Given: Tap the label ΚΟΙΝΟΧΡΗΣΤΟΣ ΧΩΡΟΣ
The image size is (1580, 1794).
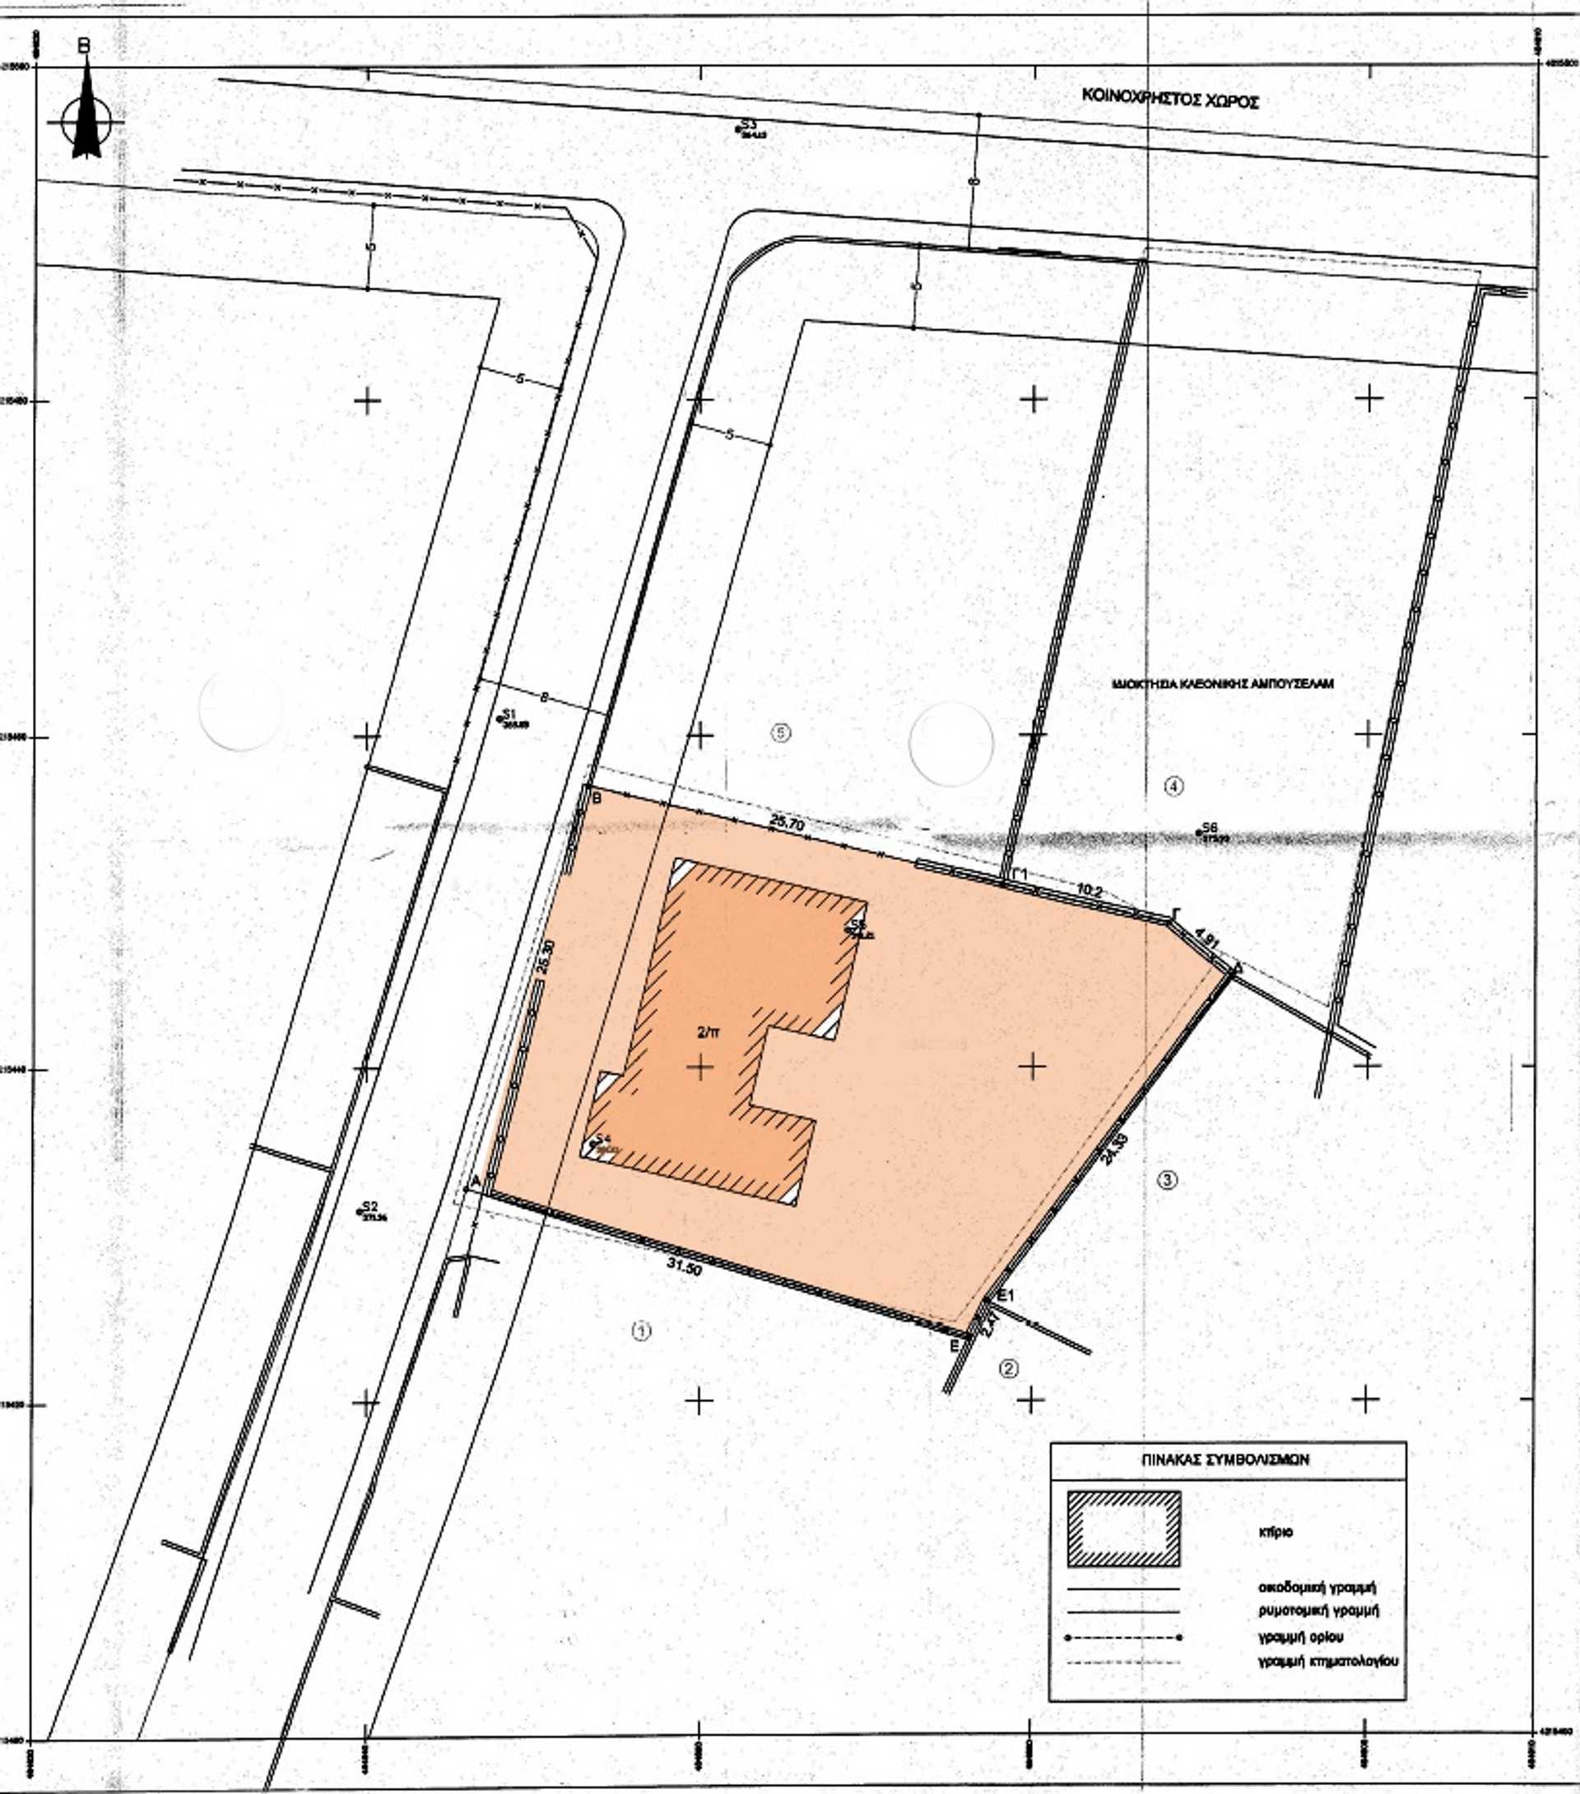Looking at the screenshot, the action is tap(1170, 97).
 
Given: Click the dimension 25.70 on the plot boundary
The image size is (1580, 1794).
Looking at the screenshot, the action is tap(787, 824).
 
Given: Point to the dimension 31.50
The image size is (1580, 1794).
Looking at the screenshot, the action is tap(684, 1266).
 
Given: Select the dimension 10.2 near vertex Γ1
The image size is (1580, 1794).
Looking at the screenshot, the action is tap(1090, 890).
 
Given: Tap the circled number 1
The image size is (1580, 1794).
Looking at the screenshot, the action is tap(642, 1332).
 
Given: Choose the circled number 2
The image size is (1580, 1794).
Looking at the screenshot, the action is tap(1010, 1368).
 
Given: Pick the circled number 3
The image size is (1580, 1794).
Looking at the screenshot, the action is tap(1168, 1180).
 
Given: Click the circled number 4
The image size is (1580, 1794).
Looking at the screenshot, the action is tap(1173, 786).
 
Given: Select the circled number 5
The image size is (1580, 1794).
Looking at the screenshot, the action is tap(780, 732).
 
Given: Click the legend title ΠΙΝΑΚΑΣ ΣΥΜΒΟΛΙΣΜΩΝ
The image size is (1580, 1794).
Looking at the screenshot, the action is tap(1226, 1460).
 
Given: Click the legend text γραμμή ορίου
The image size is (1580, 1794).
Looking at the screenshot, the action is tap(1299, 1637).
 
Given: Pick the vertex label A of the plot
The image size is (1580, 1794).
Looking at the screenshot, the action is tap(476, 1183).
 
